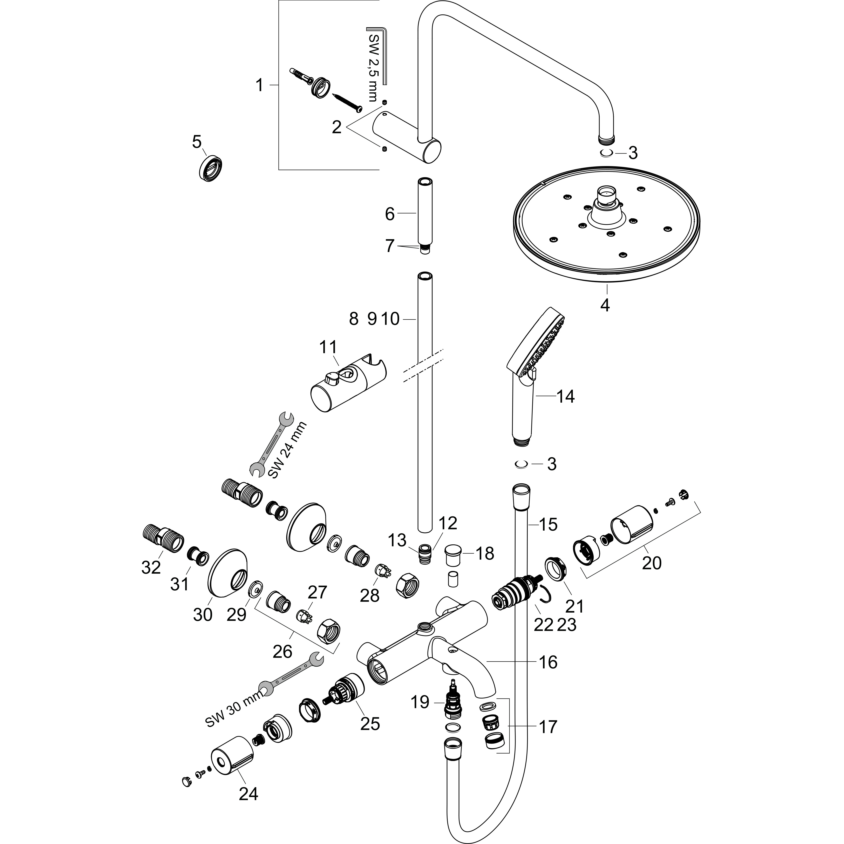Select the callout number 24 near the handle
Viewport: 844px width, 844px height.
coord(249,794)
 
